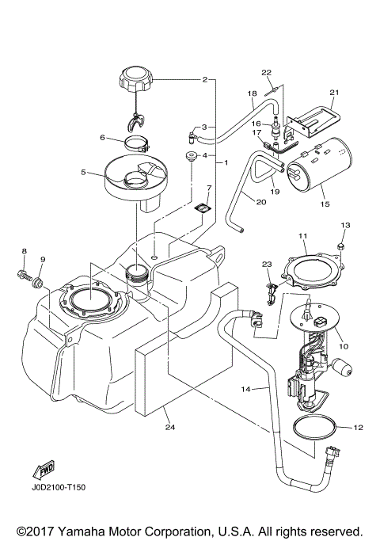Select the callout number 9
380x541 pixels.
[x=43, y=259]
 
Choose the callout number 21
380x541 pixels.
[x=332, y=92]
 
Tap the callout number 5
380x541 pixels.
[x=82, y=171]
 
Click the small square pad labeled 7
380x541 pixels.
[x=203, y=209]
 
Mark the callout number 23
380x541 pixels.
[x=266, y=265]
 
